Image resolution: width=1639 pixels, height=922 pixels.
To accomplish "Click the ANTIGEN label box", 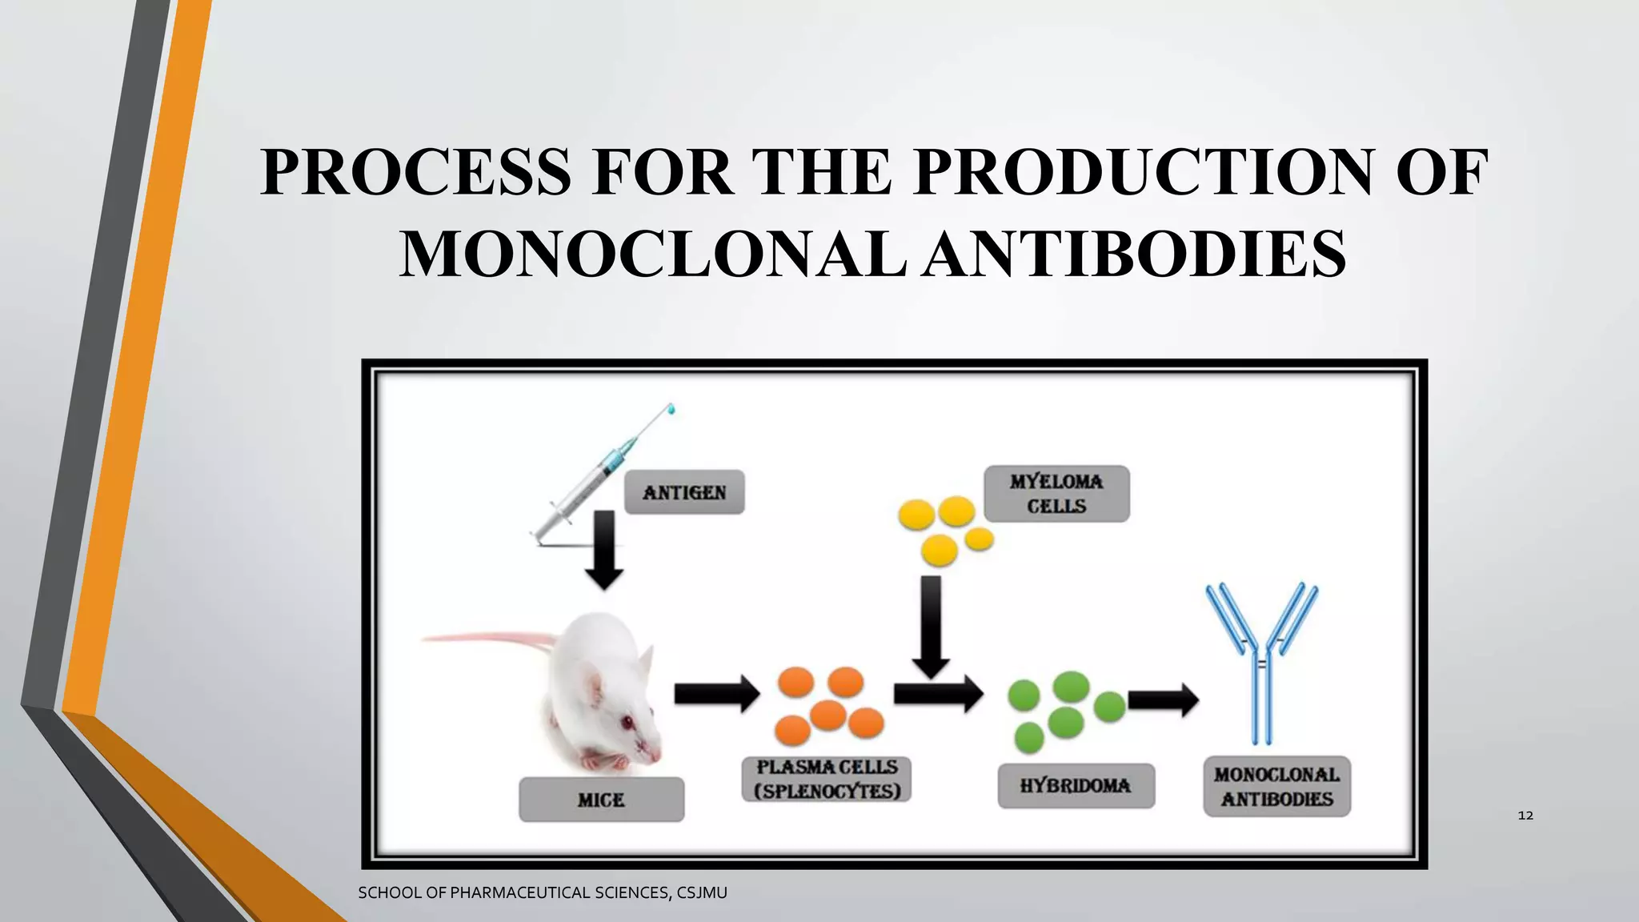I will coord(684,492).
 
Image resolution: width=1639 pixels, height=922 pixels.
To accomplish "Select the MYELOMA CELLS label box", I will coord(1056,494).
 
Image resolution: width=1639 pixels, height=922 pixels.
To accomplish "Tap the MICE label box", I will coord(601,800).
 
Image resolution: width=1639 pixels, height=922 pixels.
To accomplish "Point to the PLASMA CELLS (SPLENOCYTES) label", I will coord(828,779).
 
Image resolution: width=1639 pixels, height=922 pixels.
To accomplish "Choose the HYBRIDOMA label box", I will coord(1076,785).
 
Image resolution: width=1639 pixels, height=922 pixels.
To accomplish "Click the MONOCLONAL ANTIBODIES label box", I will coord(1276,786).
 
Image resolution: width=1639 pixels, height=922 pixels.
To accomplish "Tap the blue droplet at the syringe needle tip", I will coord(671,409).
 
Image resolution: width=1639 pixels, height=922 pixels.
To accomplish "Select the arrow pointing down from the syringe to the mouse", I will coord(604,551).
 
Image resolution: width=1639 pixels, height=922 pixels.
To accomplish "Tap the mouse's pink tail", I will coord(488,637).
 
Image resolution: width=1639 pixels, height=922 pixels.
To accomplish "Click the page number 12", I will coord(1525,816).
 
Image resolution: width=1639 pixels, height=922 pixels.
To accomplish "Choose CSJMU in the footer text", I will coord(702,892).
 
